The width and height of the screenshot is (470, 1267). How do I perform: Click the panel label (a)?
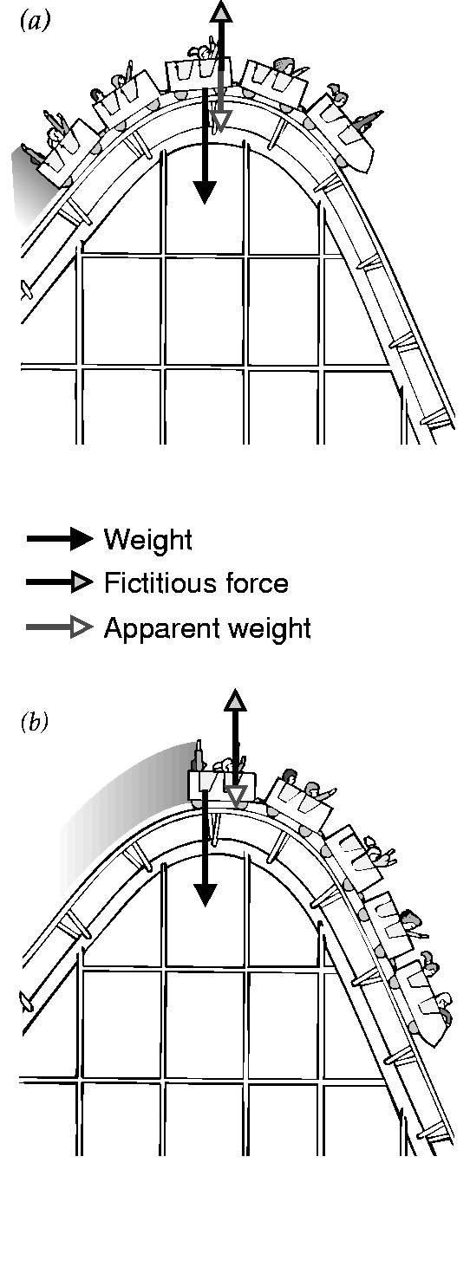pyautogui.click(x=35, y=22)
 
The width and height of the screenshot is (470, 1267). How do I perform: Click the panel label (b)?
pyautogui.click(x=35, y=722)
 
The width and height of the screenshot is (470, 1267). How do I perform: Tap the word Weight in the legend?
pyautogui.click(x=148, y=541)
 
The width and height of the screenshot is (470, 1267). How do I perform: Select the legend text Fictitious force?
pyautogui.click(x=196, y=582)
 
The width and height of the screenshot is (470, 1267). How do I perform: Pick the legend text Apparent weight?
pyautogui.click(x=207, y=628)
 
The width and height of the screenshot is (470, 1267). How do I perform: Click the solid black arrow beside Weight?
pyautogui.click(x=60, y=538)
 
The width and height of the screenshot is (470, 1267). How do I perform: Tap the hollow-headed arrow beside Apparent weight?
pyautogui.click(x=60, y=627)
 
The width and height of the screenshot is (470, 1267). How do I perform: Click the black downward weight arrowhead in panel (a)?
pyautogui.click(x=205, y=192)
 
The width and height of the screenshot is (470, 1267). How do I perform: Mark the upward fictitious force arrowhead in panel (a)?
pyautogui.click(x=221, y=10)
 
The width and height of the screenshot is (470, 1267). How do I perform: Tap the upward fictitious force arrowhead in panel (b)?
pyautogui.click(x=235, y=700)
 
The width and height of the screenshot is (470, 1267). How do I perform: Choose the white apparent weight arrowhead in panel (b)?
pyautogui.click(x=235, y=796)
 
